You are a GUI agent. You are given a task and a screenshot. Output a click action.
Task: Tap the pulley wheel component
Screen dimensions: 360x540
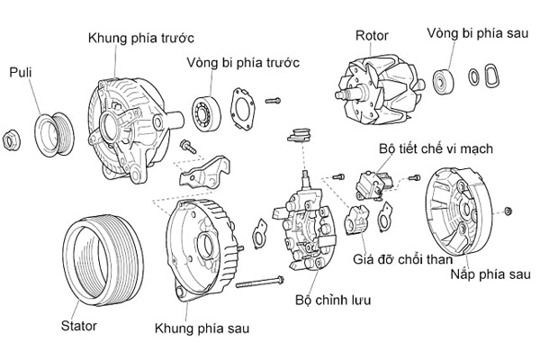coord(54,131)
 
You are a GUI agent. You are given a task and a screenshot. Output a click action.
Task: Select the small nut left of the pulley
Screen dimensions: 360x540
coord(12,139)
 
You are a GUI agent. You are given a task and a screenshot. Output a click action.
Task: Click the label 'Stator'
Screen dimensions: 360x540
coord(78,324)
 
